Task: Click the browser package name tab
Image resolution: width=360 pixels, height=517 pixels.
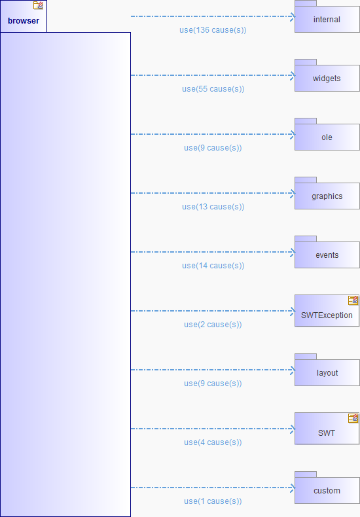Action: click(x=24, y=16)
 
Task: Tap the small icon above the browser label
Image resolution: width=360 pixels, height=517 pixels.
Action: click(x=38, y=5)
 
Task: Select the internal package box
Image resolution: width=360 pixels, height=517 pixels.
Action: click(x=327, y=16)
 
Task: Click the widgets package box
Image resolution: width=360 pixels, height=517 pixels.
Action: click(x=327, y=75)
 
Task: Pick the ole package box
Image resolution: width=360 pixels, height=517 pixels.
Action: click(x=327, y=134)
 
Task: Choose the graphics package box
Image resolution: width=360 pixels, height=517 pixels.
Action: click(x=327, y=193)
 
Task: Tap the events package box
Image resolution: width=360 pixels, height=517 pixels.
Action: click(x=327, y=252)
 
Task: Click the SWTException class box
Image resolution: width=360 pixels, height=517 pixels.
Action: click(x=327, y=311)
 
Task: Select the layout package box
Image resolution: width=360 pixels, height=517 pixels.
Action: click(x=327, y=370)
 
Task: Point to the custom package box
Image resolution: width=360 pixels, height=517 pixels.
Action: click(x=327, y=488)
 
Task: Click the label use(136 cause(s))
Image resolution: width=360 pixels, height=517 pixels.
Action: click(x=213, y=30)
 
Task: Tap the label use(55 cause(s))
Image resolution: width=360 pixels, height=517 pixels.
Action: click(x=213, y=89)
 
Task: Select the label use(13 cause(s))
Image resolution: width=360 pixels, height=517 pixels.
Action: click(x=213, y=207)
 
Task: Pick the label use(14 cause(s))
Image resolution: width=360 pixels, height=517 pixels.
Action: click(x=213, y=266)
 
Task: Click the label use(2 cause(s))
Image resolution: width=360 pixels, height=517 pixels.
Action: click(x=213, y=325)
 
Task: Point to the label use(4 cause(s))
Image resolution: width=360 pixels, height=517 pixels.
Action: click(x=213, y=442)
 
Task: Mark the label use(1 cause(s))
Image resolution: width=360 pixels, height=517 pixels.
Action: click(x=213, y=501)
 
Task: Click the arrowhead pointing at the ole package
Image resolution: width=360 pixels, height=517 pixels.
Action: click(x=293, y=134)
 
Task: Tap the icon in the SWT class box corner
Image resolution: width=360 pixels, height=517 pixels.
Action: click(x=353, y=418)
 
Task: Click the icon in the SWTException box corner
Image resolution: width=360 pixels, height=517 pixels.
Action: click(x=353, y=300)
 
